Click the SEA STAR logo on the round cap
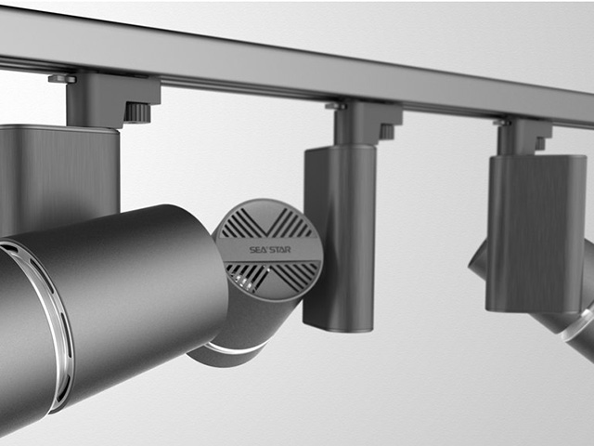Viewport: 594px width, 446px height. (270, 250)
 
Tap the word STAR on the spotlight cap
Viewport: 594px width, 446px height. (280, 250)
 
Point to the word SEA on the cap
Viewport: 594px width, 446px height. (257, 250)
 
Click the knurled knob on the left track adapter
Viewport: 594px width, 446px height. (137, 112)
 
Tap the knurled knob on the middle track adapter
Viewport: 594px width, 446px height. (387, 132)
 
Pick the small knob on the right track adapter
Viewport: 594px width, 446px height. (540, 143)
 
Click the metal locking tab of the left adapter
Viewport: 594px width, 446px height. (62, 78)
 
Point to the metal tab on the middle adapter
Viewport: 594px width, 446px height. (335, 106)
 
